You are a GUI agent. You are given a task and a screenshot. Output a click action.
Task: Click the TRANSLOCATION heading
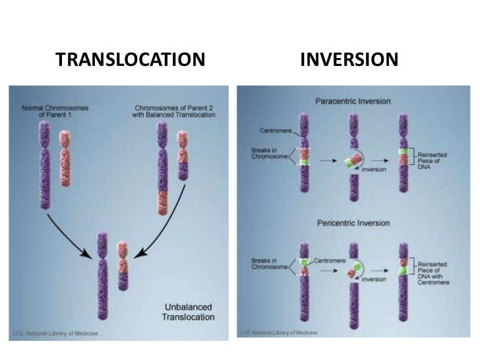[131, 61]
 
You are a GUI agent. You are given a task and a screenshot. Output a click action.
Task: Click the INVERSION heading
[349, 61]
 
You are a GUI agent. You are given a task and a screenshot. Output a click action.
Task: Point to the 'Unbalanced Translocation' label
[189, 312]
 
